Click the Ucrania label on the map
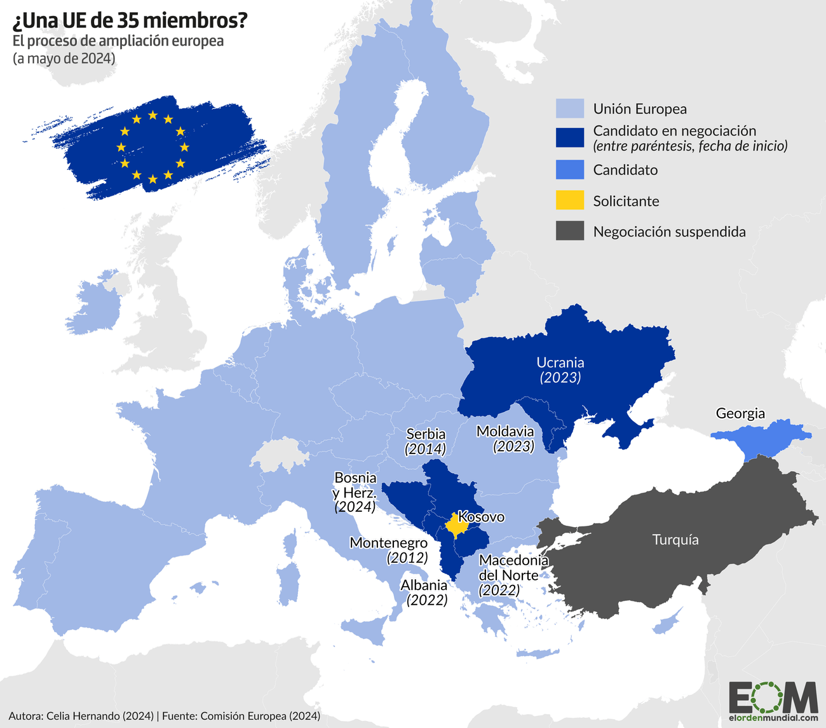pos(560,362)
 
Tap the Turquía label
pos(675,540)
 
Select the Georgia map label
pos(740,413)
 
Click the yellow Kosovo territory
pos(455,526)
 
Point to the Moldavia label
pos(505,432)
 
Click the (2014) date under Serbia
pos(425,449)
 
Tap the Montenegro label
pos(388,543)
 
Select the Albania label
pos(423,585)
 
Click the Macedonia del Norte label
pos(513,568)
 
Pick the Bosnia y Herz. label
pos(355,485)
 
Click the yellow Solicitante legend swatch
pos(569,201)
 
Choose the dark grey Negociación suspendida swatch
pos(569,231)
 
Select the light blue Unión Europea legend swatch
pos(569,109)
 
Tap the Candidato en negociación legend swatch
pos(569,137)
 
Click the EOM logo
pos(773,700)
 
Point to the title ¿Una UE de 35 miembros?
pos(130,21)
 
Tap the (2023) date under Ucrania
pos(560,378)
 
